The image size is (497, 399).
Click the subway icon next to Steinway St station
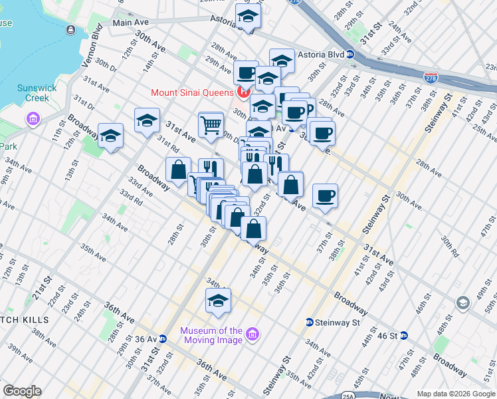pyautogui.click(x=309, y=323)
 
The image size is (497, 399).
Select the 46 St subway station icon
pyautogui.click(x=403, y=336)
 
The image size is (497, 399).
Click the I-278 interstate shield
pyautogui.click(x=431, y=77)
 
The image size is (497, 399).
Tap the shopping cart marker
pyautogui.click(x=211, y=124)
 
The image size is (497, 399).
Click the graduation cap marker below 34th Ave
pyautogui.click(x=218, y=301)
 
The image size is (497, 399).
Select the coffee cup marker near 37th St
pyautogui.click(x=325, y=196)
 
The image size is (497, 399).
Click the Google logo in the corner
pyautogui.click(x=22, y=391)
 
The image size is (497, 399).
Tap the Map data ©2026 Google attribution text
pyautogui.click(x=455, y=394)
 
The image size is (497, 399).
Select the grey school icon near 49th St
pyautogui.click(x=462, y=304)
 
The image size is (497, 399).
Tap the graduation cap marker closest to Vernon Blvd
pyautogui.click(x=111, y=136)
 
